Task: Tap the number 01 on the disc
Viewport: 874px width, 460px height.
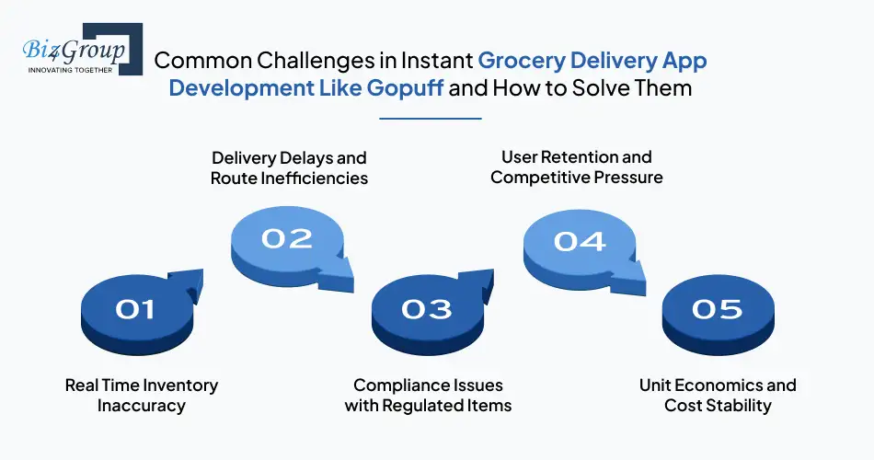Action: coord(135,310)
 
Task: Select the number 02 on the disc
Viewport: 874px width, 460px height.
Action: coord(287,238)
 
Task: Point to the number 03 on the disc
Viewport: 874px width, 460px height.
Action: coord(426,310)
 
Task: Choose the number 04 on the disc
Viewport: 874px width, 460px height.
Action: coord(580,241)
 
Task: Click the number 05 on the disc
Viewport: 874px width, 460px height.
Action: coord(717,310)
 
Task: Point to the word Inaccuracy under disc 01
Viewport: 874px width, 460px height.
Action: coord(142,406)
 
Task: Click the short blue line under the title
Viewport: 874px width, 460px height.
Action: coord(431,119)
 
